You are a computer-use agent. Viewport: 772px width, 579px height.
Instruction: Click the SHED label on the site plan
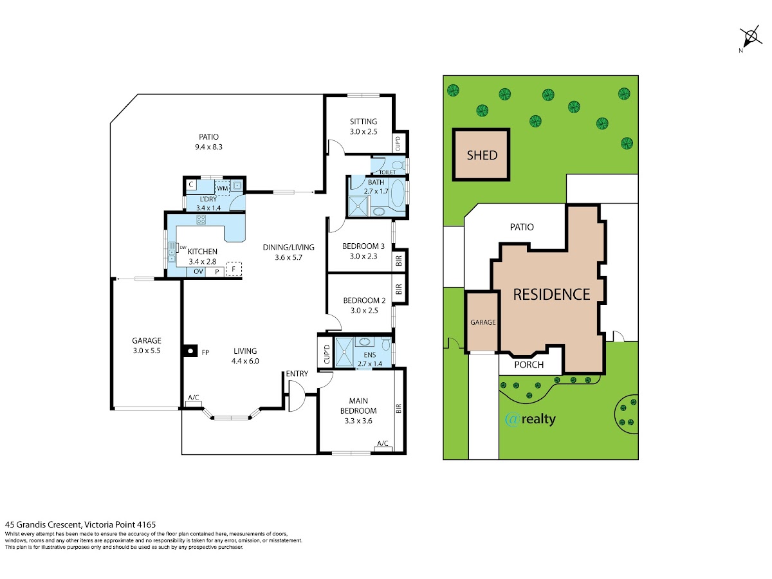[481, 155]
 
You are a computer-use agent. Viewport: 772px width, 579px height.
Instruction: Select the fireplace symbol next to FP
[190, 351]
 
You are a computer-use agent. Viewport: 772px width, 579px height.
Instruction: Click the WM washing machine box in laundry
[222, 188]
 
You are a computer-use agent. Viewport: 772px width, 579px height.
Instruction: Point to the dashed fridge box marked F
[234, 270]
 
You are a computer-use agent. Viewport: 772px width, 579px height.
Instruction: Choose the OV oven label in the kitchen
[198, 271]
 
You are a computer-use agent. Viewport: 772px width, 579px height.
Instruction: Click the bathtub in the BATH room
[398, 194]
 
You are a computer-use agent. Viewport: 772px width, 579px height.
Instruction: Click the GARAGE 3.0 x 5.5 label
[147, 345]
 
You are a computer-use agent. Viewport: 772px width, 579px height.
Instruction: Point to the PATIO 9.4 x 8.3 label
[209, 142]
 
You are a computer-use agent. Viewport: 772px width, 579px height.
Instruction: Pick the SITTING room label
[363, 127]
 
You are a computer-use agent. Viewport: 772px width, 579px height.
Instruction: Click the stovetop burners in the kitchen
[201, 220]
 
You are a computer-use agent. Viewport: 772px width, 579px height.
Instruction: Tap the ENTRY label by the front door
[297, 374]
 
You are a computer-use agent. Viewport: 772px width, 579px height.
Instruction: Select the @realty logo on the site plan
[530, 419]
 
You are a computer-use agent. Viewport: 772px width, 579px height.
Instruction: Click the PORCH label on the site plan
[529, 365]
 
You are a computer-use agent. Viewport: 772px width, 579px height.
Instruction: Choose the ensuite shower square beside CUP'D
[344, 353]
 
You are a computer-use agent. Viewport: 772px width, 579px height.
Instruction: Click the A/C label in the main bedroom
[383, 443]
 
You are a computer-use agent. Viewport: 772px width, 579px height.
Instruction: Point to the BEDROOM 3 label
[363, 246]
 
